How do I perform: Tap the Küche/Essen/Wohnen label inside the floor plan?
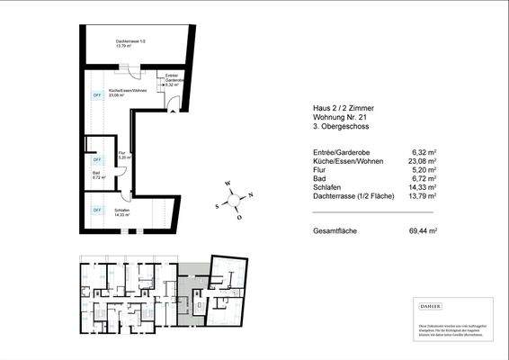[127, 92]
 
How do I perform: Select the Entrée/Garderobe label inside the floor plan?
[174, 78]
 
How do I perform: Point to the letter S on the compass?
[219, 204]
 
